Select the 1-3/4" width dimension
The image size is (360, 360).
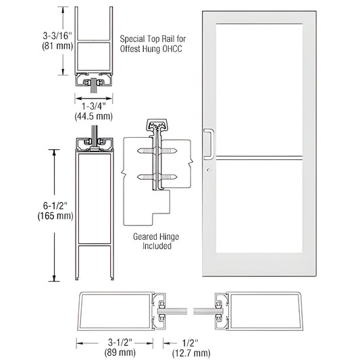[93, 107]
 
